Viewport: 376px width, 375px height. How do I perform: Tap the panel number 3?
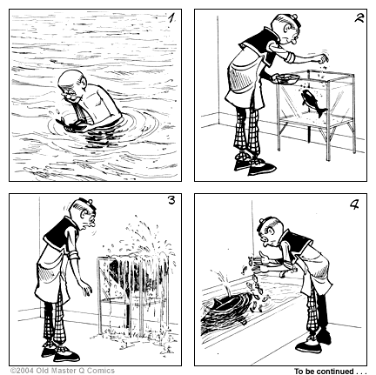point(171,202)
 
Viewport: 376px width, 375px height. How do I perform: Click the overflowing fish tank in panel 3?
point(130,283)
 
